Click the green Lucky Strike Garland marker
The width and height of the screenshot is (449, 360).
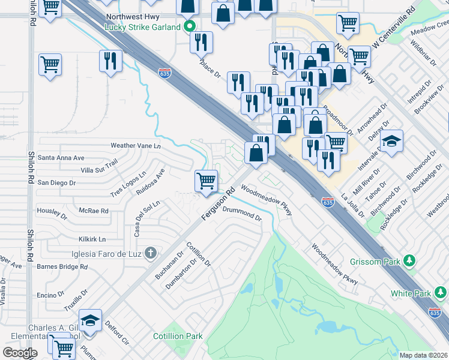click(x=190, y=26)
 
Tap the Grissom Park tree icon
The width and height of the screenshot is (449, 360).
click(x=410, y=260)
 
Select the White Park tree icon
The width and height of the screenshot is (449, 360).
click(x=440, y=293)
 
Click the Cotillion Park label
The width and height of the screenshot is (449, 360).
click(x=178, y=337)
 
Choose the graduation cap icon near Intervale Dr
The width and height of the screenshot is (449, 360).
click(x=391, y=141)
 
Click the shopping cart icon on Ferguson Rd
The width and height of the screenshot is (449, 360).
click(x=206, y=180)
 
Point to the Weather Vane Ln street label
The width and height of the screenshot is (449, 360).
click(x=136, y=146)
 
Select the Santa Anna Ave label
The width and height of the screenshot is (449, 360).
click(x=61, y=158)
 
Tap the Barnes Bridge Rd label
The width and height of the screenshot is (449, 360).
click(x=62, y=266)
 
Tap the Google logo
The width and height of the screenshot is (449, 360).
click(x=20, y=352)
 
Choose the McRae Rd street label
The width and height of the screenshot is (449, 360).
click(x=94, y=211)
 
